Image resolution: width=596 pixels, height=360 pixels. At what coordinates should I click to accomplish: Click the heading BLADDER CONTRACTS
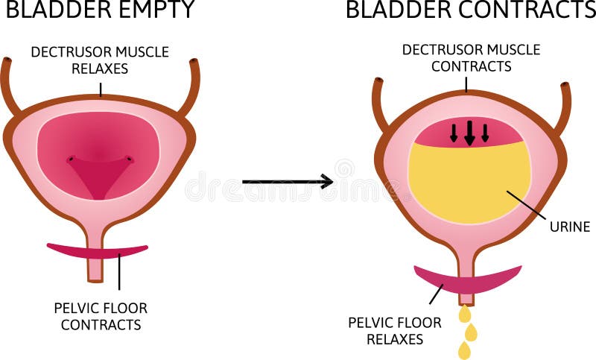(x=470, y=10)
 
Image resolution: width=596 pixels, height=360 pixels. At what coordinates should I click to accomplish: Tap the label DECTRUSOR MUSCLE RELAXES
(x=100, y=60)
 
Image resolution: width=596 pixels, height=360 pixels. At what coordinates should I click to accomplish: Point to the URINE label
(x=568, y=227)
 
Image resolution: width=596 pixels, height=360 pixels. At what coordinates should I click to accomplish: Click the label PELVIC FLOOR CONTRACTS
(x=101, y=316)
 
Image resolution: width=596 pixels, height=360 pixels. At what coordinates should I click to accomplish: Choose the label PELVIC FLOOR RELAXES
(x=395, y=331)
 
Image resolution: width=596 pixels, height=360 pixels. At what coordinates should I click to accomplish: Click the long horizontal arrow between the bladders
(x=287, y=181)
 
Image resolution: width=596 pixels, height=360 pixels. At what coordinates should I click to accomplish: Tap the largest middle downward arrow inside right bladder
(x=469, y=133)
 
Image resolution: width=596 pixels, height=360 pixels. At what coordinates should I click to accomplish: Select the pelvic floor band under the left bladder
(x=97, y=252)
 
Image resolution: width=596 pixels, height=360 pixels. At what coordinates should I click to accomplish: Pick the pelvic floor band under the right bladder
(x=468, y=280)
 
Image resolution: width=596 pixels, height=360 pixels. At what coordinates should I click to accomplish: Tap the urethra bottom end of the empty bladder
(x=95, y=277)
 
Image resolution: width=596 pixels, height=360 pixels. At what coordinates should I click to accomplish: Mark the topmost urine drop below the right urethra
(x=465, y=314)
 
